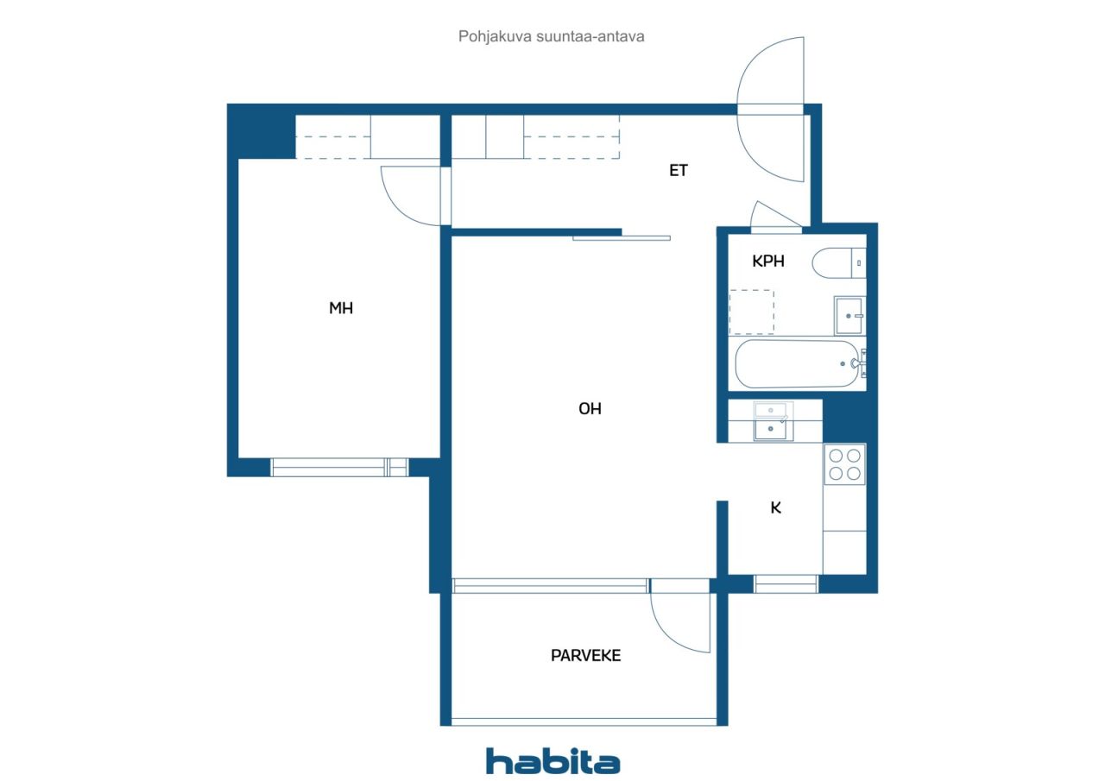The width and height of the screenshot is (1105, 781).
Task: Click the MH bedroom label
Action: (341, 308)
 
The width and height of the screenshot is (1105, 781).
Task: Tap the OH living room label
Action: (590, 409)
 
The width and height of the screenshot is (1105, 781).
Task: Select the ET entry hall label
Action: (679, 171)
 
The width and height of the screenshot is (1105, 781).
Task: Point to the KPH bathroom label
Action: (768, 261)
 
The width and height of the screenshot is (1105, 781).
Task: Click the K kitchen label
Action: (775, 508)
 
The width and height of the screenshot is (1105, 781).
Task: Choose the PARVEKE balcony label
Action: (585, 656)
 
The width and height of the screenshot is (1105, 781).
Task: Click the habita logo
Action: (552, 761)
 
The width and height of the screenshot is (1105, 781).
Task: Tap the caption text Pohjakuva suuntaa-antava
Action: (552, 37)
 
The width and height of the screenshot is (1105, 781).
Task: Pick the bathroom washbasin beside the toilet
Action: (849, 315)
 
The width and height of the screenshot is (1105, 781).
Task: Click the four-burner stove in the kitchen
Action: (844, 463)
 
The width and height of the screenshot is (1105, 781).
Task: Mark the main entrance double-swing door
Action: (771, 110)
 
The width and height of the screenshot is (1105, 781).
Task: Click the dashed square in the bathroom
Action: (752, 312)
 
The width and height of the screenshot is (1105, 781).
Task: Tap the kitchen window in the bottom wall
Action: (786, 584)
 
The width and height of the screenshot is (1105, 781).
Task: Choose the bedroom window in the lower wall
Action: (339, 468)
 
